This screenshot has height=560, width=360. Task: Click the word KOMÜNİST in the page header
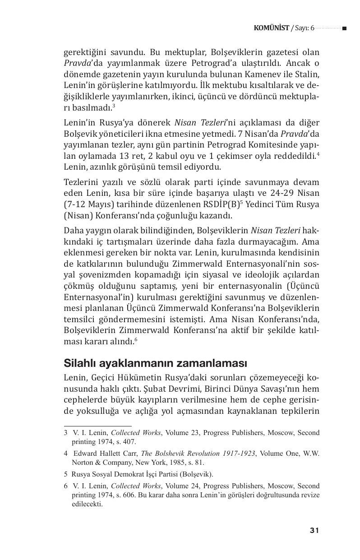[x=272, y=28]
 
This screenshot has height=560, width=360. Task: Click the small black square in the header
[x=344, y=28]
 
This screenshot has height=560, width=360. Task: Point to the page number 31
[x=314, y=530]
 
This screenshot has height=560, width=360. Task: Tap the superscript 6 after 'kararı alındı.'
[x=136, y=340]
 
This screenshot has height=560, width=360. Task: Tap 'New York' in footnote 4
[x=147, y=462]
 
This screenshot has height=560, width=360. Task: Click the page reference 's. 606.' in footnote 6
[x=127, y=495]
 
